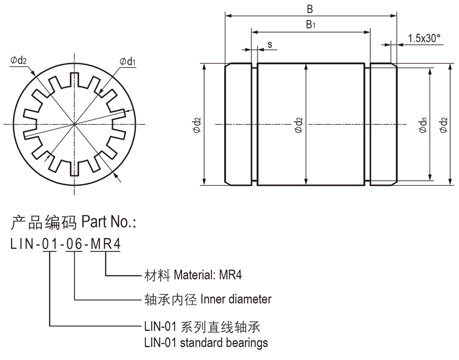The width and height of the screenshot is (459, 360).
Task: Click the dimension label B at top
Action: (310, 9)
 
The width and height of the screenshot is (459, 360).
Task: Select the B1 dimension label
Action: (310, 25)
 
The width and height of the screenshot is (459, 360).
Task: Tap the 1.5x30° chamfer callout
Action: (423, 38)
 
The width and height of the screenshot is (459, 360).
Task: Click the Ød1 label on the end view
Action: (127, 61)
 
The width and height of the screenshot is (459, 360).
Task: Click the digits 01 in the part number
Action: (49, 244)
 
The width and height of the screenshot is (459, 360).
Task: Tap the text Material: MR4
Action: (208, 275)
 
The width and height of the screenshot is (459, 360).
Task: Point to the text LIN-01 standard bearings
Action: (205, 342)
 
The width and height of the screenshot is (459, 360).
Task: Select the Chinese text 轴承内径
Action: (162, 300)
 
